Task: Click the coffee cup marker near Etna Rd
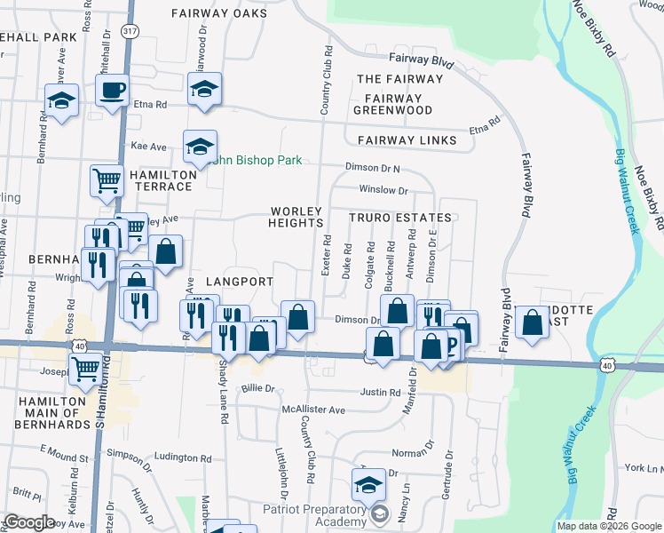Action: (113, 91)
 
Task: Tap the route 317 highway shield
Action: (131, 31)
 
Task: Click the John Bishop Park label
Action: (257, 161)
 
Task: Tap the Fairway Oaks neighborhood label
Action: (219, 14)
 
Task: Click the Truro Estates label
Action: (399, 218)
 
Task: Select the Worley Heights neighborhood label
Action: (296, 217)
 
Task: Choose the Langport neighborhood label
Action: (241, 282)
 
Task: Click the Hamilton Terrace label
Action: (161, 181)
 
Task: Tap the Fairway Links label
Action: (407, 140)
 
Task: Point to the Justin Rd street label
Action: (381, 392)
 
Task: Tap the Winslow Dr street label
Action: (383, 189)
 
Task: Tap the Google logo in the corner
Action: (29, 522)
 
